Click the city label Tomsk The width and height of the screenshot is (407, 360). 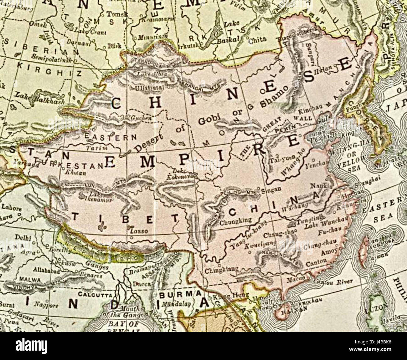click(x=113, y=14)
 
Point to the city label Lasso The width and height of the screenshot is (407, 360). click(x=138, y=231)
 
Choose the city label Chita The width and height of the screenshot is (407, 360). click(x=257, y=40)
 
